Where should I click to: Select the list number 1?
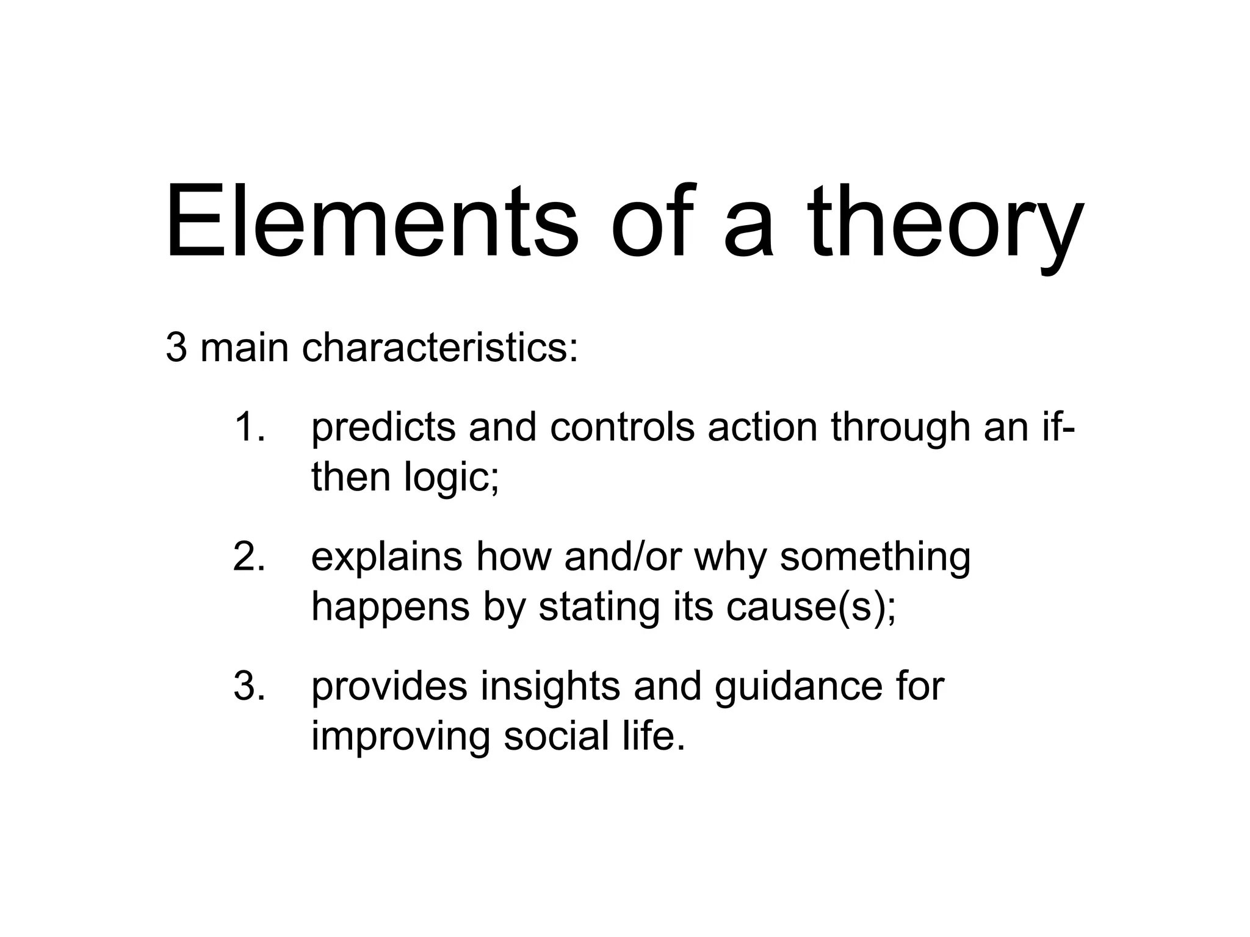(248, 426)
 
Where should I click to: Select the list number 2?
(248, 556)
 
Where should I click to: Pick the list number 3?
(248, 686)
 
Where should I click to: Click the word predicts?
(383, 429)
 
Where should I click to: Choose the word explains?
(386, 558)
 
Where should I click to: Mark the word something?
(875, 558)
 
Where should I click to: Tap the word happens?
(391, 608)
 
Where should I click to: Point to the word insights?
(550, 687)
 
